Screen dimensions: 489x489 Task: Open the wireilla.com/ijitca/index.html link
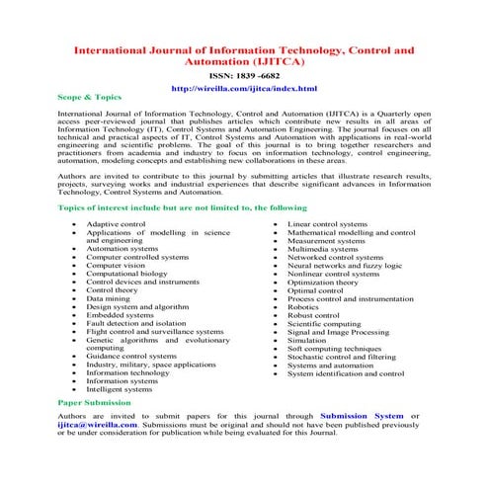[244, 88]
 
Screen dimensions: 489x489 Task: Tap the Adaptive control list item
[116, 224]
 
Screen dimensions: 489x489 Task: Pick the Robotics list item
[303, 307]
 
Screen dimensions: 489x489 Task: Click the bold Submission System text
[363, 416]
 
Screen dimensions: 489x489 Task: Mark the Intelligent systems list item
[120, 389]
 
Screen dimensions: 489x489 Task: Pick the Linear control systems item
[326, 224]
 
